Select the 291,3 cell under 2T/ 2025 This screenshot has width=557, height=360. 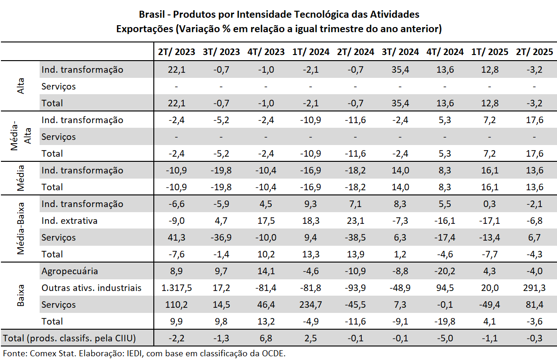click(x=534, y=288)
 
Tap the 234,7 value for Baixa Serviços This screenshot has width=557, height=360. click(x=310, y=305)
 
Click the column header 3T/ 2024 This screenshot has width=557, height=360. click(x=400, y=52)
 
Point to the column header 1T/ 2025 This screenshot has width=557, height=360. click(x=489, y=52)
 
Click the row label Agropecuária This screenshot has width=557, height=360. click(x=69, y=271)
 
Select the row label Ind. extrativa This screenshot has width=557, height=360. click(x=69, y=221)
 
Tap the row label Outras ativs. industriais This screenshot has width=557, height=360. click(x=91, y=288)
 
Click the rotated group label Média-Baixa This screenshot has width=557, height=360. click(x=21, y=228)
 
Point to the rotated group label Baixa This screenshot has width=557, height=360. click(x=21, y=296)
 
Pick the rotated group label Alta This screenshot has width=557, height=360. click(x=21, y=86)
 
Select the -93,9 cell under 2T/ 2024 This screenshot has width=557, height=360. click(x=355, y=288)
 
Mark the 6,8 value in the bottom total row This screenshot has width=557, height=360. click(x=266, y=338)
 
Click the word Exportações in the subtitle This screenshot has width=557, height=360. click(x=144, y=29)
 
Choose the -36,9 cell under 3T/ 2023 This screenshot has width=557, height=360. click(x=221, y=237)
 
